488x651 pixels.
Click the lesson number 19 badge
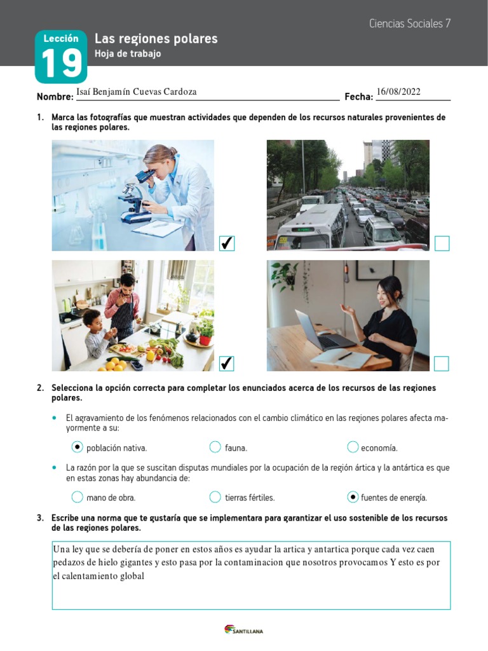point(61,57)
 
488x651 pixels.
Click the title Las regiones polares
point(156,39)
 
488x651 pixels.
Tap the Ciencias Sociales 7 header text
point(410,24)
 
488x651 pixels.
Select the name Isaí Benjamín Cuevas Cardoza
point(136,92)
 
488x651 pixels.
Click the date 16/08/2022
point(398,92)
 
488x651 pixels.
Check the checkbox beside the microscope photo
point(227,243)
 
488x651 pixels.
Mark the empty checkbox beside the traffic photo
point(442,243)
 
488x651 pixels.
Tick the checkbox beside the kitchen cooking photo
point(227,363)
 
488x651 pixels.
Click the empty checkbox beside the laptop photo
point(442,363)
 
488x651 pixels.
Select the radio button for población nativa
point(78,447)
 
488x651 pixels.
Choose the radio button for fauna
point(215,447)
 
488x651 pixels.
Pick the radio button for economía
point(353,447)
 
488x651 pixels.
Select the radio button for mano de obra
point(78,497)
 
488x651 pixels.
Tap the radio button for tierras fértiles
point(215,497)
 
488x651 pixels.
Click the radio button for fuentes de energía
point(353,497)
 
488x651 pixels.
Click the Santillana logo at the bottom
point(244,630)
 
